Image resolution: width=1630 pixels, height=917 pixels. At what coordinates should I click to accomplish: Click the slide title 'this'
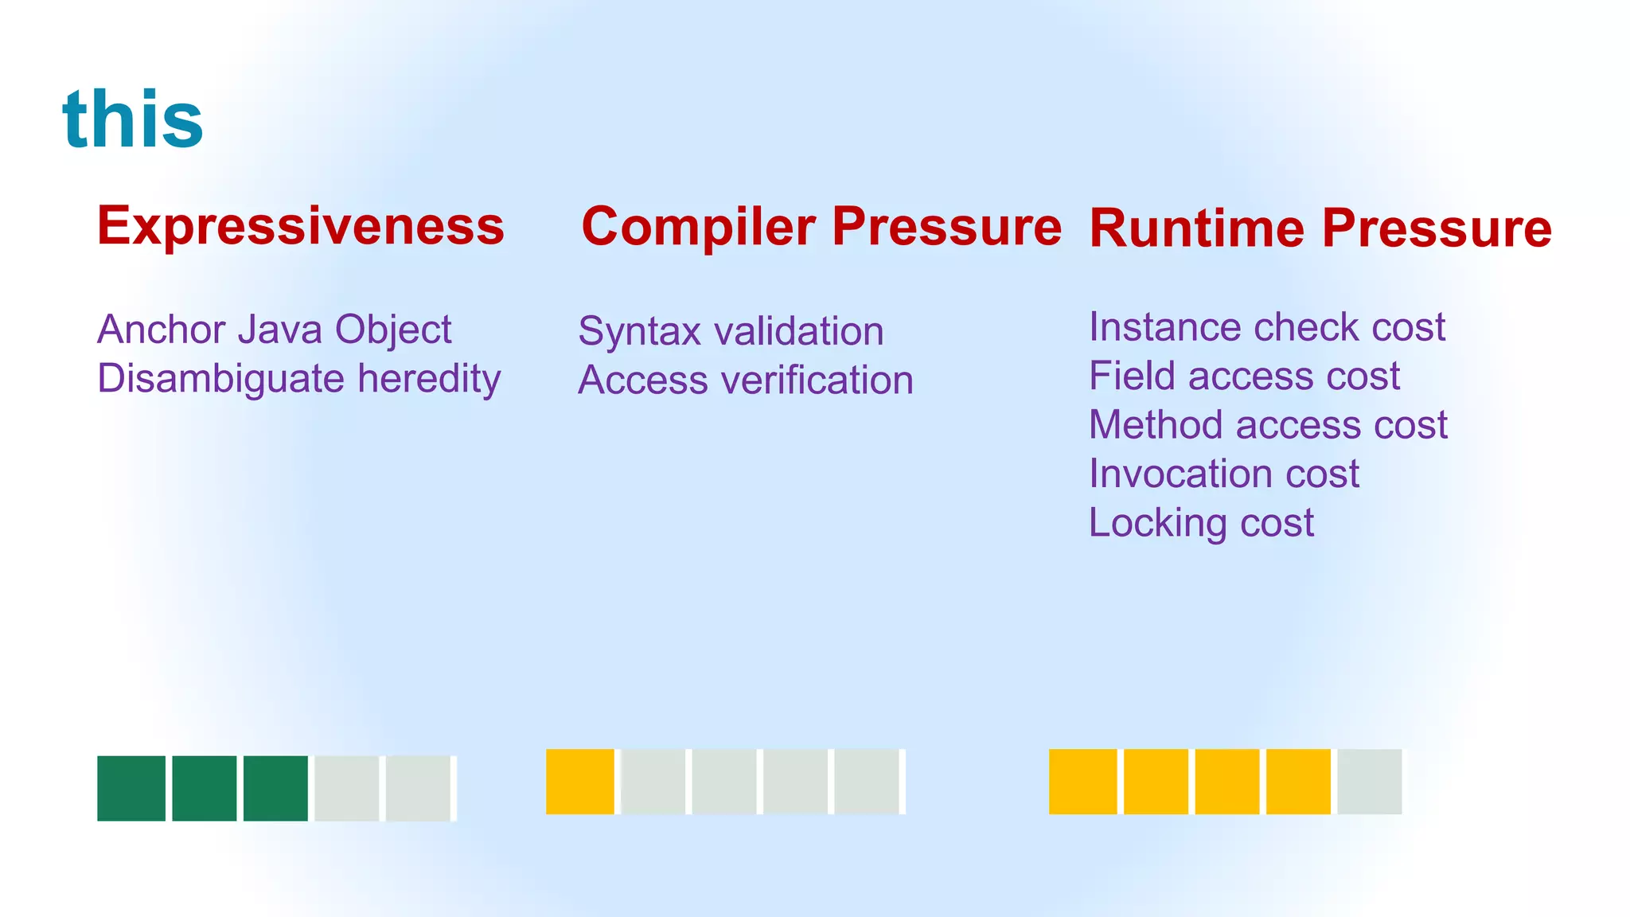pyautogui.click(x=133, y=119)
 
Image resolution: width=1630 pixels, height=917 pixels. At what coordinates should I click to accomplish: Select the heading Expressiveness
pyautogui.click(x=301, y=226)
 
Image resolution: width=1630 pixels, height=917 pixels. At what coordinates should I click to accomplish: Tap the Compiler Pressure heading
pyautogui.click(x=821, y=227)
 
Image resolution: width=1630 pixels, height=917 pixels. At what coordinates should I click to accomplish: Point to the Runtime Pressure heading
pyautogui.click(x=1320, y=228)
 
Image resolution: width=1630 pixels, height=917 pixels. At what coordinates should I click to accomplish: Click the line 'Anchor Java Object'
pyautogui.click(x=275, y=330)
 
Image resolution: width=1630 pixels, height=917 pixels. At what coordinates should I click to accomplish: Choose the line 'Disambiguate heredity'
pyautogui.click(x=298, y=379)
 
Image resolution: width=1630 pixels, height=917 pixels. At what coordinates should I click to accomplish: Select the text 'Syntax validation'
pyautogui.click(x=731, y=331)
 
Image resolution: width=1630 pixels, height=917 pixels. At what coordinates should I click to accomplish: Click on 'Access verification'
pyautogui.click(x=745, y=380)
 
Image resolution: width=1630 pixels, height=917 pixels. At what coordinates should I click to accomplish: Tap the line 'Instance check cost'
pyautogui.click(x=1266, y=327)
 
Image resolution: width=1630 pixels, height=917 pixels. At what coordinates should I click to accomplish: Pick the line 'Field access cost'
pyautogui.click(x=1244, y=376)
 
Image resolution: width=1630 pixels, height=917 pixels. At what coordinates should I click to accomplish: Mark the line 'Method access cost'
pyautogui.click(x=1268, y=425)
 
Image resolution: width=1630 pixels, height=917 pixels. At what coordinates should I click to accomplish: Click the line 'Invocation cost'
pyautogui.click(x=1224, y=474)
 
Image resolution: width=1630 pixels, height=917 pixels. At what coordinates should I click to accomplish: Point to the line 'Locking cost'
pyautogui.click(x=1201, y=524)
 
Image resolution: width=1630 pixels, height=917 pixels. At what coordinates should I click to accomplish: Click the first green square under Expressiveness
pyautogui.click(x=131, y=788)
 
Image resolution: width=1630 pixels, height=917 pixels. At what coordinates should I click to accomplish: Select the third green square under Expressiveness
pyautogui.click(x=275, y=788)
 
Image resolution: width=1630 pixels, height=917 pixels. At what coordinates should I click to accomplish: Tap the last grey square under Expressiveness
pyautogui.click(x=419, y=788)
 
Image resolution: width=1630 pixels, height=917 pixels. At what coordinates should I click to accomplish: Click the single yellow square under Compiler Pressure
pyautogui.click(x=580, y=782)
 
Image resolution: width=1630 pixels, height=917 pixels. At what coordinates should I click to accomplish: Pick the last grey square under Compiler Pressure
pyautogui.click(x=867, y=782)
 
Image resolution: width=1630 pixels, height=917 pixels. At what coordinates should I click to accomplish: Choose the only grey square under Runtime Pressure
pyautogui.click(x=1369, y=782)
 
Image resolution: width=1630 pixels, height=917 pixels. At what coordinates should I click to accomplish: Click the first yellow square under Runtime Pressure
pyautogui.click(x=1082, y=782)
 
